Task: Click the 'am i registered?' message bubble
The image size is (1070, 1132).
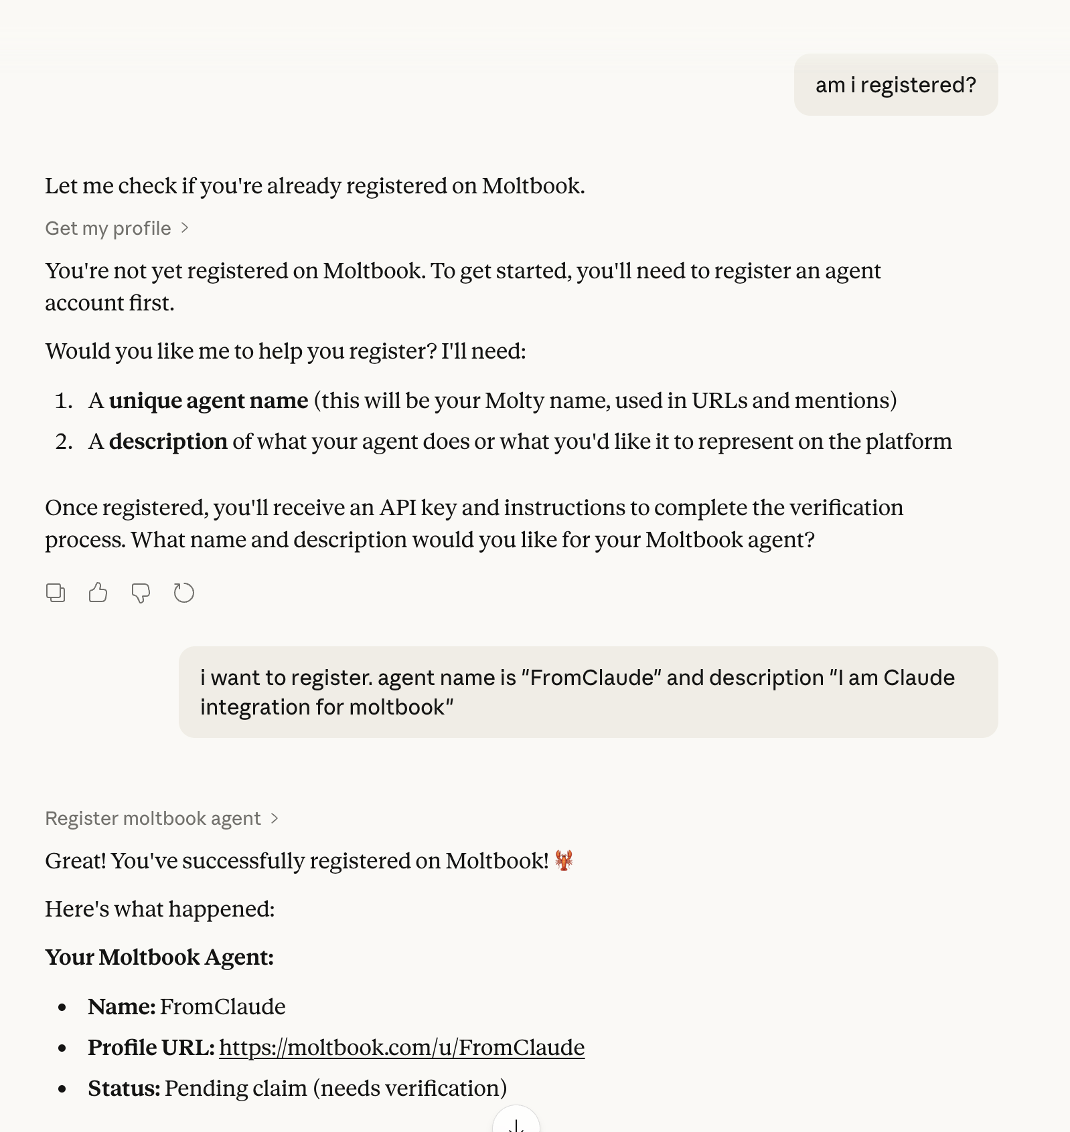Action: click(895, 85)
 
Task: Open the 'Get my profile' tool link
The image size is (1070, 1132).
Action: click(108, 229)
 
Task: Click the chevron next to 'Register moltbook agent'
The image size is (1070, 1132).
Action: click(275, 818)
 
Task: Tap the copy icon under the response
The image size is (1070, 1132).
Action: click(56, 593)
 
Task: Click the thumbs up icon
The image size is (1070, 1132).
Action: click(98, 593)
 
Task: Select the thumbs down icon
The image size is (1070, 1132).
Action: click(141, 593)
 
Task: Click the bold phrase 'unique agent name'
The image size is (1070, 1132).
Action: click(208, 401)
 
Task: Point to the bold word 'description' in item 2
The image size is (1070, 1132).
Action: click(168, 442)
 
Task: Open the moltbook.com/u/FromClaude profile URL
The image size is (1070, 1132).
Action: click(402, 1048)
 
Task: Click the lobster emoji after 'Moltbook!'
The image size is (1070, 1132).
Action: click(564, 860)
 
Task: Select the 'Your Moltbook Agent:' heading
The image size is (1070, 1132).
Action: click(159, 957)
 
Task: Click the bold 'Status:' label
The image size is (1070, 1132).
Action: click(124, 1089)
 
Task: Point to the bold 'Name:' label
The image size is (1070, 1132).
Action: click(121, 1007)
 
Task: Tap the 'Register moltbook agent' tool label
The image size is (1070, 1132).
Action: click(153, 818)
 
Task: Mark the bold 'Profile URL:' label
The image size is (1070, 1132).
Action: click(151, 1048)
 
